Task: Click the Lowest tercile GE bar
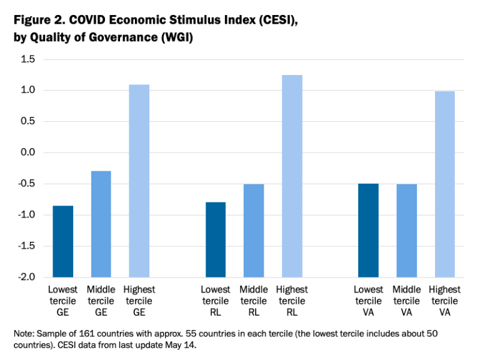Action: click(62, 241)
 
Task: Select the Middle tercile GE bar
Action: click(101, 224)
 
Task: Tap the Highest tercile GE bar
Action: click(139, 181)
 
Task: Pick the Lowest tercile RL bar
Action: click(215, 239)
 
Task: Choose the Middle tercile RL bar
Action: click(253, 231)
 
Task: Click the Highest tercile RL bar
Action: click(292, 176)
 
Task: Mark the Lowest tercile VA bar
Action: click(368, 230)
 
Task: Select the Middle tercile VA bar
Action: click(406, 231)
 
